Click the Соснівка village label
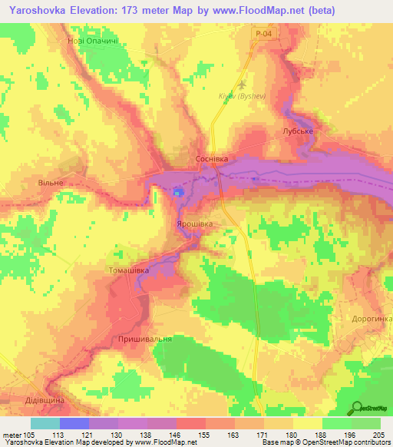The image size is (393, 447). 210,158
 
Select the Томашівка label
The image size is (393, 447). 129,271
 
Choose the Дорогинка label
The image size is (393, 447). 372,318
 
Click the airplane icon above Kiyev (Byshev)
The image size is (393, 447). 244,85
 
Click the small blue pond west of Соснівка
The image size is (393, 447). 178,191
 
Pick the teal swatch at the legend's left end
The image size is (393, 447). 45,423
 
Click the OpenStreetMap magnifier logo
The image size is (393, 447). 358,408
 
